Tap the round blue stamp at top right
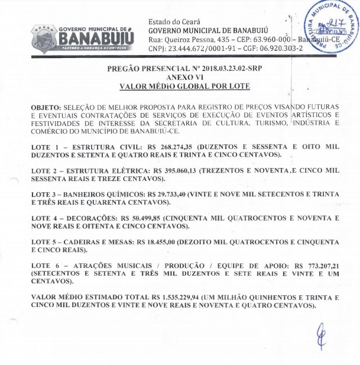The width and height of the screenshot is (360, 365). click(x=328, y=29)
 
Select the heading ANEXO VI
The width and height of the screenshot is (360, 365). click(x=184, y=77)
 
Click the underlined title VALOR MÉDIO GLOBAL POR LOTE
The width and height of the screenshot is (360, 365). click(x=184, y=86)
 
